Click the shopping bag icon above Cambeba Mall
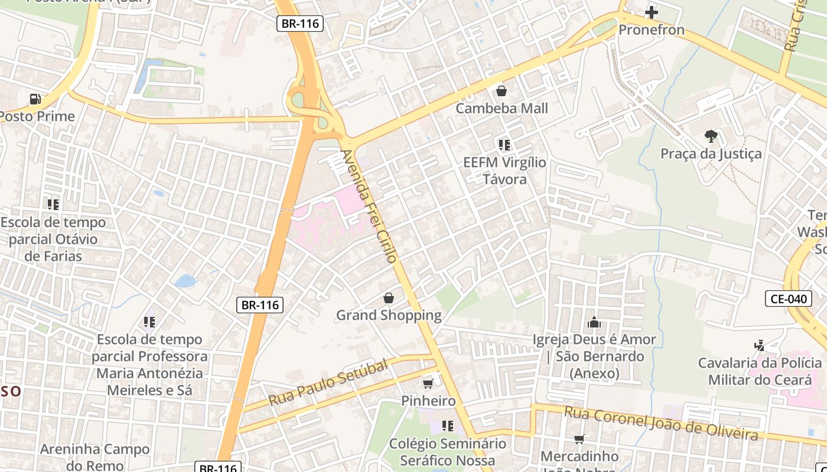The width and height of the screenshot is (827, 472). point(502,91)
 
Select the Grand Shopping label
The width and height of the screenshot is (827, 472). point(389,315)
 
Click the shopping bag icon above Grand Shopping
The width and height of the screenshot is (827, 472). point(389,298)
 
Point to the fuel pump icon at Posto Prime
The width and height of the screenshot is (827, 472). point(35,99)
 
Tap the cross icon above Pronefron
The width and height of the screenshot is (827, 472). point(652,12)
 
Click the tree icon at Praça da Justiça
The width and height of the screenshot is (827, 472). point(711,136)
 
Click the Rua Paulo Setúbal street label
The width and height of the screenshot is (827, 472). point(328,382)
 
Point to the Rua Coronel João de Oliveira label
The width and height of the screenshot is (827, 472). point(660,423)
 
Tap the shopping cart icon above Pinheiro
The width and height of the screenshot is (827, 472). point(428,383)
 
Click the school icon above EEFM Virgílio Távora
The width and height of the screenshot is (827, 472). point(504,145)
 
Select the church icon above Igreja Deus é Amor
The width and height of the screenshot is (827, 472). point(594,322)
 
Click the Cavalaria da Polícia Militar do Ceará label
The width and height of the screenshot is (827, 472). point(760,371)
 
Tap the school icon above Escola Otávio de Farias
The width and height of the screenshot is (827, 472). point(53,205)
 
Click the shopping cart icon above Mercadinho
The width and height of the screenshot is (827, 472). point(579,439)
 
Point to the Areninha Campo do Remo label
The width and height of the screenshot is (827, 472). point(95,457)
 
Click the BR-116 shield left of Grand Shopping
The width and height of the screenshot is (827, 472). point(260,305)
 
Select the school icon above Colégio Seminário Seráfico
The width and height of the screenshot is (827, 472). point(447,425)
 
